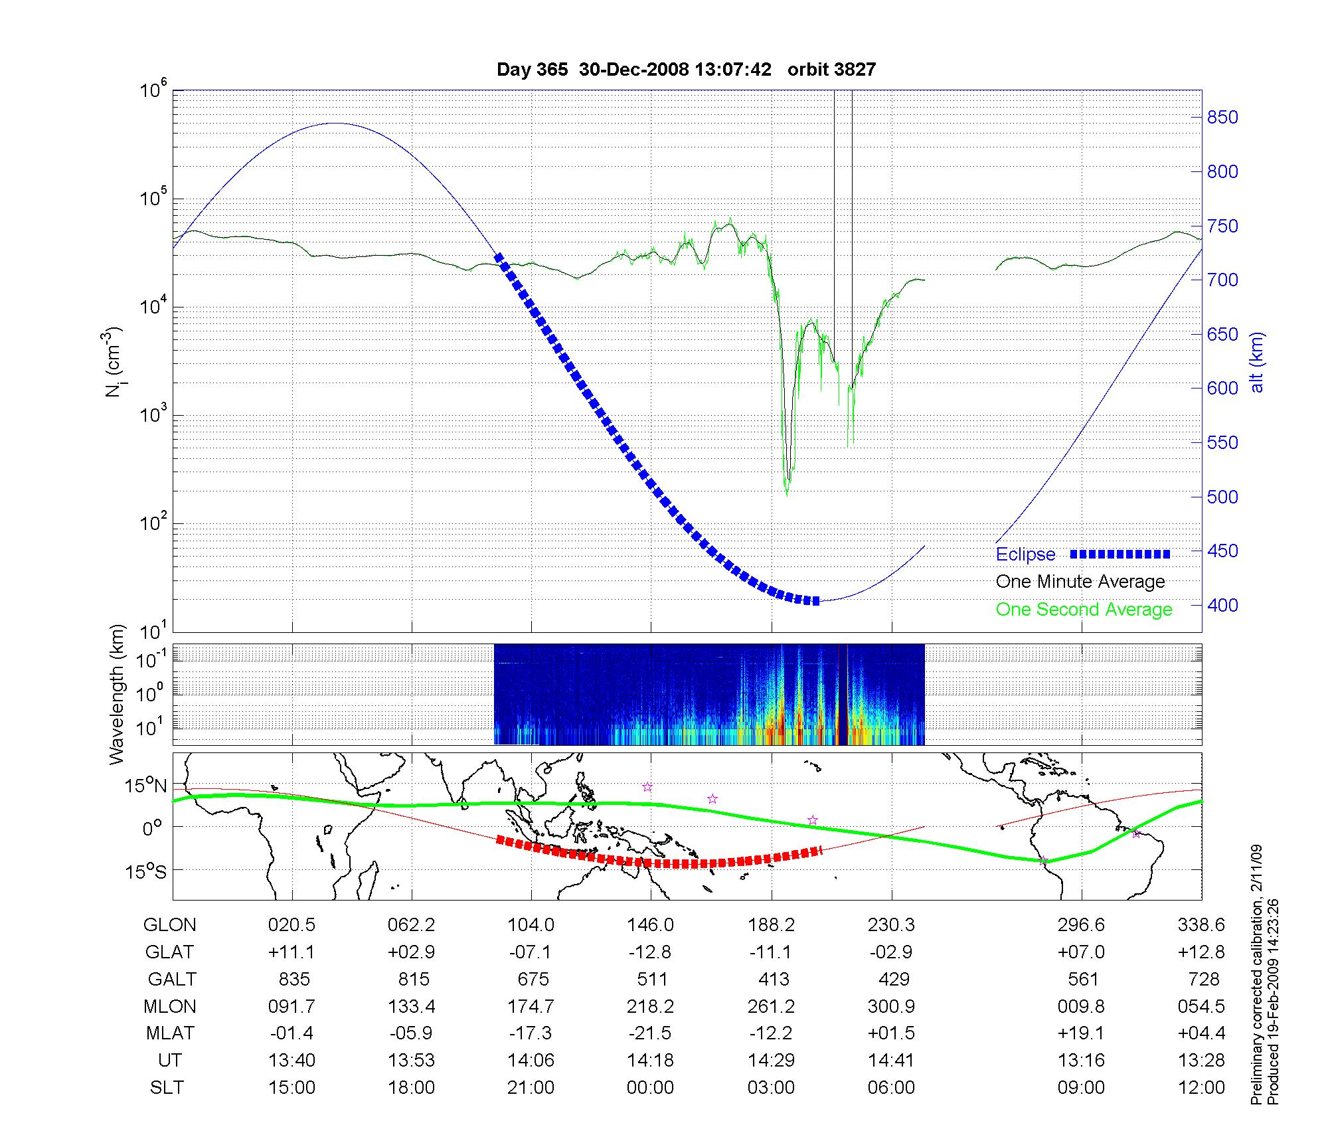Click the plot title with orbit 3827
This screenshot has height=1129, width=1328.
coord(686,70)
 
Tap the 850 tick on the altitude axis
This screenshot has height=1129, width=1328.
coord(1222,118)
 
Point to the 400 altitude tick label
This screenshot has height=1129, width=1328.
coord(1222,605)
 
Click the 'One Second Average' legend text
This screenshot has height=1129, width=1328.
coord(1084,610)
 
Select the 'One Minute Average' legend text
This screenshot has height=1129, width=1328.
coord(1080,582)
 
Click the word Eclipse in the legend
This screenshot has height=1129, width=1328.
coord(1025,555)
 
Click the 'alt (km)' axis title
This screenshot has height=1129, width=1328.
coord(1256,362)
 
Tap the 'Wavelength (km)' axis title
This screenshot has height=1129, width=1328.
coord(117,694)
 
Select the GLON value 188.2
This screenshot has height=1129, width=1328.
coord(771,925)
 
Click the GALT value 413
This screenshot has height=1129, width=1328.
coord(774,980)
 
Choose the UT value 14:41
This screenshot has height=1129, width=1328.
coord(891,1061)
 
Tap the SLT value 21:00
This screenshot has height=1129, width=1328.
coord(531,1088)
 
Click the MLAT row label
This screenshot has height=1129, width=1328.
coord(170,1033)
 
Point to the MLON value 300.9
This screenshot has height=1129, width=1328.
coord(891,1007)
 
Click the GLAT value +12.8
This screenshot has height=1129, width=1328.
coord(1201,952)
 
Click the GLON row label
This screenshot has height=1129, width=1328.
coord(170,925)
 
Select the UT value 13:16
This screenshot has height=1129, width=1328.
coord(1082,1061)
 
